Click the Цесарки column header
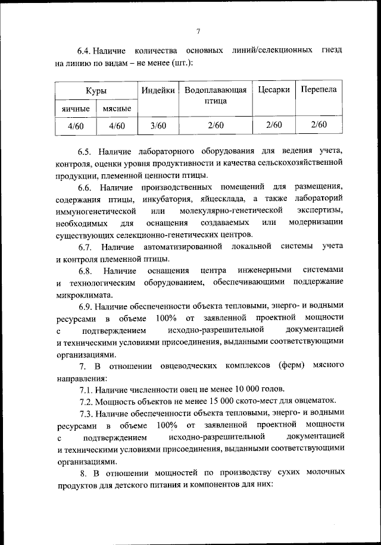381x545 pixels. click(x=274, y=90)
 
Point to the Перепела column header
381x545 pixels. click(x=318, y=90)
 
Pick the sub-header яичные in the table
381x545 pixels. click(x=76, y=109)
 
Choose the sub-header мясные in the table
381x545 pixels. click(x=117, y=109)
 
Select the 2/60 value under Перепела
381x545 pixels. click(x=318, y=125)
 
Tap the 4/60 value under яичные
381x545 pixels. click(x=76, y=125)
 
